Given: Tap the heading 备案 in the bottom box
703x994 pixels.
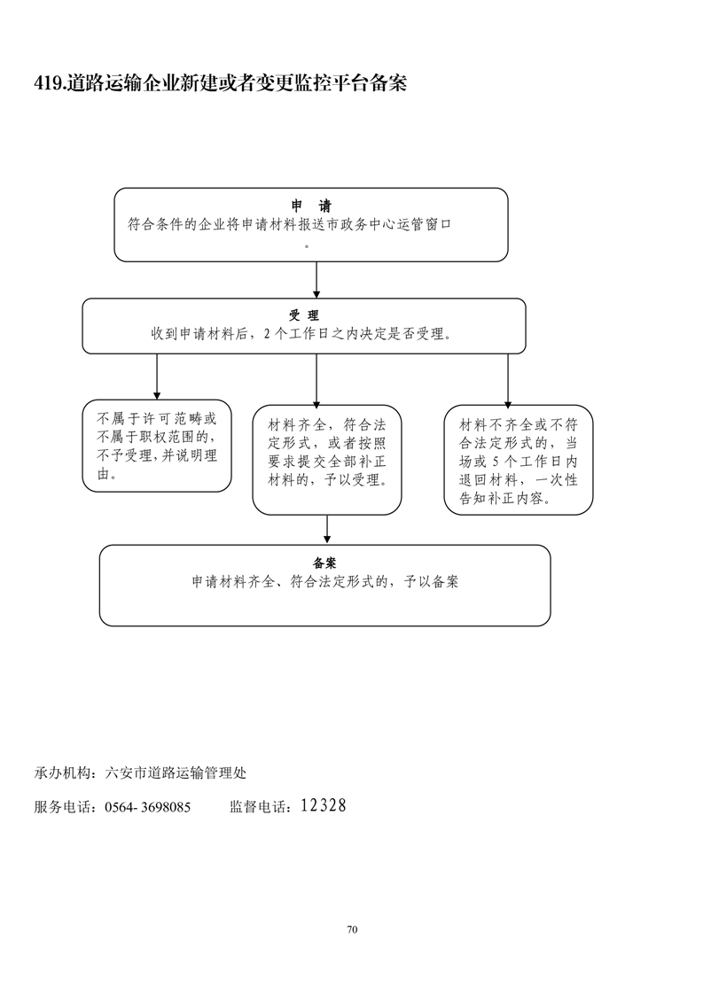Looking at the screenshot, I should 324,563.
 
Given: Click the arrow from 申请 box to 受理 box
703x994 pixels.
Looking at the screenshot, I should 317,280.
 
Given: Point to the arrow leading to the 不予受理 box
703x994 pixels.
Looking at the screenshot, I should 157,377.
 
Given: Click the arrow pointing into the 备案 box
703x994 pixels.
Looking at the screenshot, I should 327,529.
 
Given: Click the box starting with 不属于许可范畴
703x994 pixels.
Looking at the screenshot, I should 157,446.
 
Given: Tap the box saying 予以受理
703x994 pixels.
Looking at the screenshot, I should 327,460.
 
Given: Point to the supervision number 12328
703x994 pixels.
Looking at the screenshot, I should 323,805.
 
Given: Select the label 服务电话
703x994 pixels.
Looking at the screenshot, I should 65,807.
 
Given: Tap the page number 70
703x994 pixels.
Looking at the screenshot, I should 352,929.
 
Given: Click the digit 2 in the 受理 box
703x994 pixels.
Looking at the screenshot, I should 268,335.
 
